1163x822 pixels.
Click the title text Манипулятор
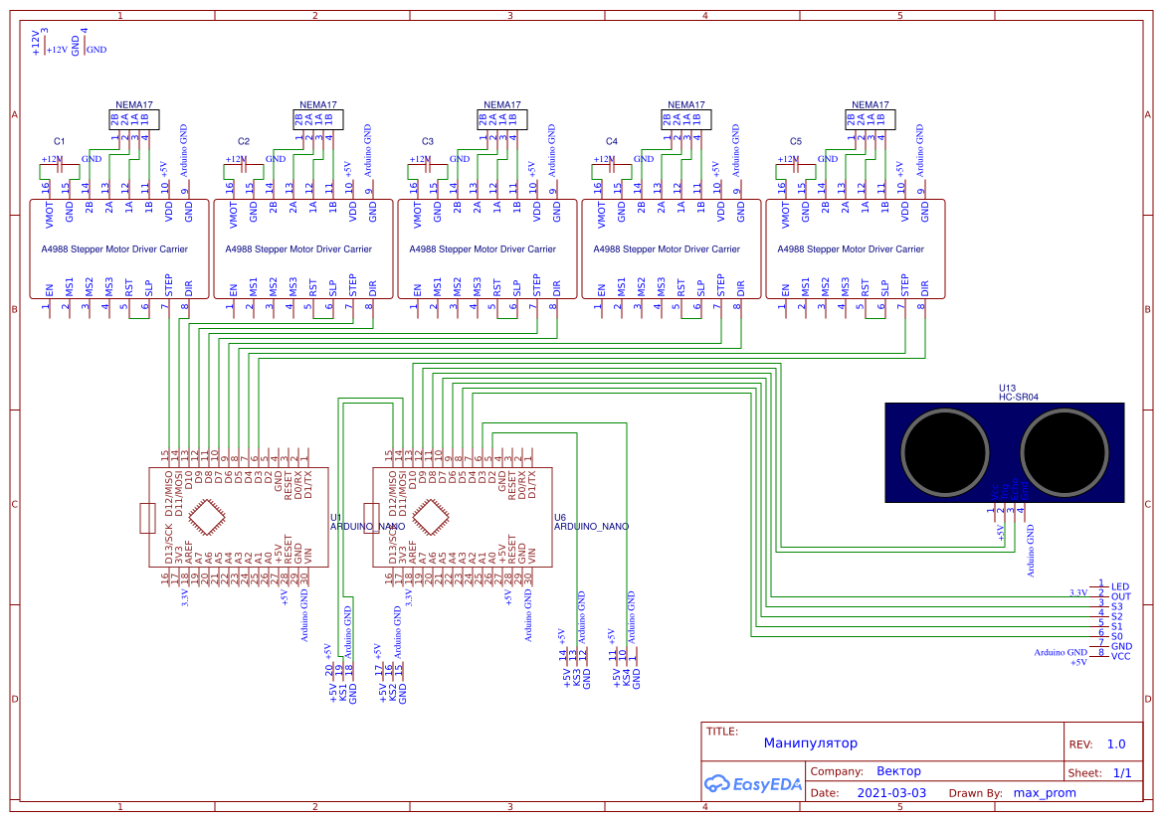coord(810,743)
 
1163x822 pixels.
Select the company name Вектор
coord(898,771)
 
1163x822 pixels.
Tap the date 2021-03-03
coord(890,793)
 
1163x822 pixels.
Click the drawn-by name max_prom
coord(1044,793)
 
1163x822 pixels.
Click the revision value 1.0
coord(1115,744)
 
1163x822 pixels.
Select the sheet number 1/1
coord(1121,773)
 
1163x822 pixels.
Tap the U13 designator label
coord(1007,388)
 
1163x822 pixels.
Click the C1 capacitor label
coord(59,141)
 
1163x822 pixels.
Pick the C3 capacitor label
coord(428,141)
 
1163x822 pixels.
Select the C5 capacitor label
coord(795,141)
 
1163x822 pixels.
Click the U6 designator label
coord(559,517)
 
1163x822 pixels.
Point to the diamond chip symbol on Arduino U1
coord(206,518)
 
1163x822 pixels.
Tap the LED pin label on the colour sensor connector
coord(1120,586)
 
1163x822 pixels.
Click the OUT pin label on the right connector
coord(1120,596)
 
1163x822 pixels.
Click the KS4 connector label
coord(626,679)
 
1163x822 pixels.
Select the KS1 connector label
coord(343,692)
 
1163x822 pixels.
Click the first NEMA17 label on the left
coord(133,104)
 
